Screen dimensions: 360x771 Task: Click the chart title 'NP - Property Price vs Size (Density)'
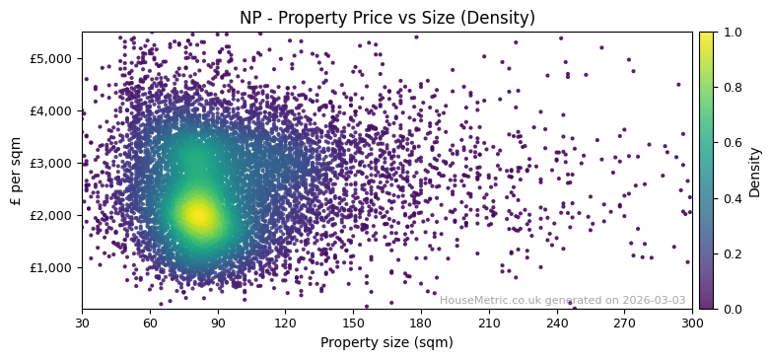coord(387,18)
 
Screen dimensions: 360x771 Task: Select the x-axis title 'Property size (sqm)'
coord(386,343)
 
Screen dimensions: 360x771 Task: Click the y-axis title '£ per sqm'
coord(16,170)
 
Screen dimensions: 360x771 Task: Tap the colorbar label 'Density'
coord(755,172)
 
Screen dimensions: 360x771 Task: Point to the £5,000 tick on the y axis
coord(51,58)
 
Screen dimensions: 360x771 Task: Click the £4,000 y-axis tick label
coord(51,110)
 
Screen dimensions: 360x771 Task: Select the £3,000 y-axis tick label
coord(51,163)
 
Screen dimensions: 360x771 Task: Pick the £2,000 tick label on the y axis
coord(51,215)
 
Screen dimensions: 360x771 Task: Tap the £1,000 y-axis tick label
coord(51,267)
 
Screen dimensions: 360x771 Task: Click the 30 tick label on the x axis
coord(82,323)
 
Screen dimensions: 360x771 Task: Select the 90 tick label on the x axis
coord(218,323)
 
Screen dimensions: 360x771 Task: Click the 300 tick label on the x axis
coord(692,323)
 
